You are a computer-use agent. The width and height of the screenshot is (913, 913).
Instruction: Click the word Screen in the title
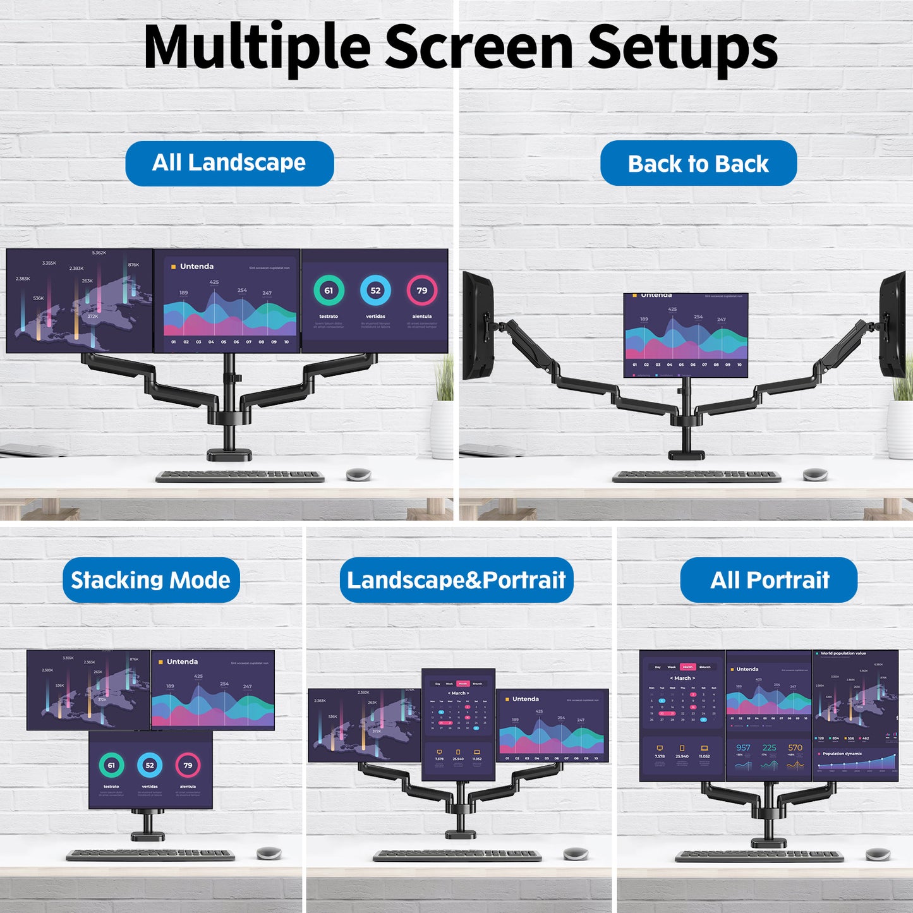point(479,47)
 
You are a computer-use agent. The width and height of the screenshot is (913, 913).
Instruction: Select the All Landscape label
point(229,163)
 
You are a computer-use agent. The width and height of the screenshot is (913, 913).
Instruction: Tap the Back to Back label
point(698,164)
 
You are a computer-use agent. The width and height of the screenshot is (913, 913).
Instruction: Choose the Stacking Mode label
point(151,580)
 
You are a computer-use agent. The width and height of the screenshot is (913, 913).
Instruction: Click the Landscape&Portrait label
point(456,580)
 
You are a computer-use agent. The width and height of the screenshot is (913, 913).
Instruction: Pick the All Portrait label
point(769,580)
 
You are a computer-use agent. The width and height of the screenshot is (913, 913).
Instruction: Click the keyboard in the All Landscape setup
point(240,476)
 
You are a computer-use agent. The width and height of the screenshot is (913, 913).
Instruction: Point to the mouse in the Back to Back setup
point(815,474)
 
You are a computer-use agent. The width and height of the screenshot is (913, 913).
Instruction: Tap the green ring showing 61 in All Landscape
point(329,291)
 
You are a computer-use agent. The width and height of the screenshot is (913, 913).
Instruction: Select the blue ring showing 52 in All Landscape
point(375,291)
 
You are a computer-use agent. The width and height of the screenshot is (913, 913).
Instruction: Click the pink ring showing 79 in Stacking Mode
point(188,765)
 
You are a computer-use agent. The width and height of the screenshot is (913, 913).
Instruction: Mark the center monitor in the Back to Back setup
point(686,335)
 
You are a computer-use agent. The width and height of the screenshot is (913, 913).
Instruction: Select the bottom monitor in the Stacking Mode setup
point(150,770)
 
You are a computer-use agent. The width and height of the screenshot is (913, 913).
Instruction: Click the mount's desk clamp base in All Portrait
point(768,842)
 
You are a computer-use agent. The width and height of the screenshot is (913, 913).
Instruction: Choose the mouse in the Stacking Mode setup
point(269,854)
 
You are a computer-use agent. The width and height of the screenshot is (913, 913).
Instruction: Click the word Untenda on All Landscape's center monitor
point(197,267)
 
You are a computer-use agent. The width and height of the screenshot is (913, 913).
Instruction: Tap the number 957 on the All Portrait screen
point(743,747)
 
